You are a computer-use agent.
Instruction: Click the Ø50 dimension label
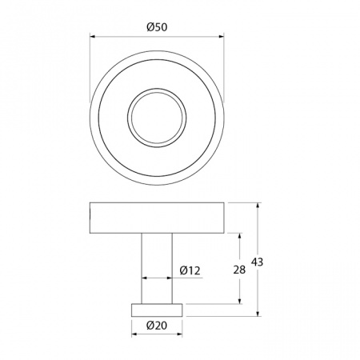click(157, 27)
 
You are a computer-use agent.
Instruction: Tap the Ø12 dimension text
click(190, 270)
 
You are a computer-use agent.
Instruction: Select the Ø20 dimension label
click(157, 325)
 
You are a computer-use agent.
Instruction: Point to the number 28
click(239, 270)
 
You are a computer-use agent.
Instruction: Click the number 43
click(257, 262)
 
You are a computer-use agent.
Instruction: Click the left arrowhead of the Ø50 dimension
click(93, 37)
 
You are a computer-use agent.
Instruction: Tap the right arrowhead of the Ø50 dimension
click(221, 37)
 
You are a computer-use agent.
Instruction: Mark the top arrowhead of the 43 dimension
click(258, 206)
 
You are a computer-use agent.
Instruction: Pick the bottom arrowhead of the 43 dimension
click(258, 314)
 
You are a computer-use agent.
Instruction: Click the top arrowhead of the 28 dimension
click(240, 237)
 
